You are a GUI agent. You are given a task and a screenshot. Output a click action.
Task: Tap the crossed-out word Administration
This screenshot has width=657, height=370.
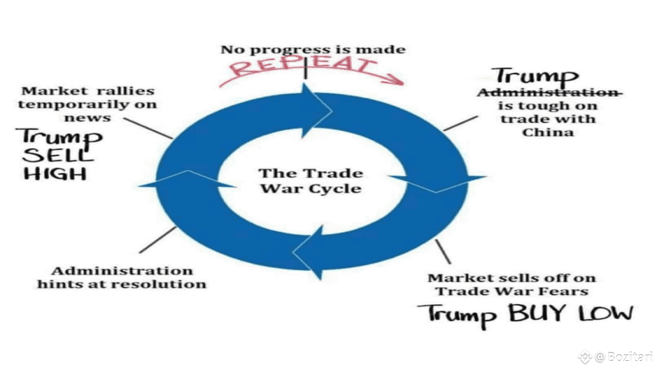[x=550, y=92]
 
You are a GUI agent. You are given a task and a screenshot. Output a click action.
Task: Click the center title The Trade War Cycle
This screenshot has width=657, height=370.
[x=310, y=181]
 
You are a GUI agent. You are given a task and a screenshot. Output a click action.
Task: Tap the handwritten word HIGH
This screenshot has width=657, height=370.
[x=55, y=174]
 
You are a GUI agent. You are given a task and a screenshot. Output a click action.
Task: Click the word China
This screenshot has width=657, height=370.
[x=548, y=132]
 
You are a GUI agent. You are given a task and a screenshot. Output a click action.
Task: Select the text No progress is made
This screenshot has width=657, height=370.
[x=313, y=50]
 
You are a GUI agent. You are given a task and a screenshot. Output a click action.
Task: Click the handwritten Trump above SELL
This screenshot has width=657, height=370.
[x=61, y=137]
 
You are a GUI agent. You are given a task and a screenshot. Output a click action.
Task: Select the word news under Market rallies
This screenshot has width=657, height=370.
[x=87, y=118]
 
